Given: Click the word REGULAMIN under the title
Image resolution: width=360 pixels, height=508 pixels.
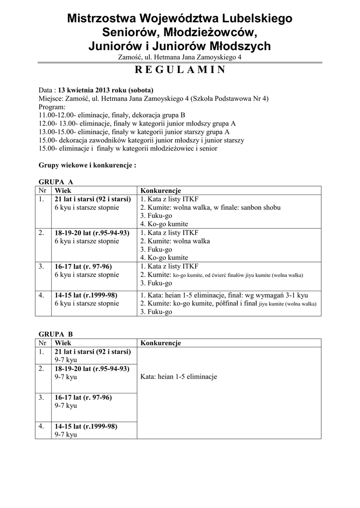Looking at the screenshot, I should click(x=180, y=69).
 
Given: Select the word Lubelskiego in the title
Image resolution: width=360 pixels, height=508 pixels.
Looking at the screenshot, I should click(x=254, y=19).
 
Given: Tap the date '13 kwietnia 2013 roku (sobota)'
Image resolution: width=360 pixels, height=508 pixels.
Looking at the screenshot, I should click(x=106, y=91).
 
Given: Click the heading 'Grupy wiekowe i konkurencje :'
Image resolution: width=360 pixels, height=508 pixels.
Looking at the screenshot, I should click(x=87, y=165).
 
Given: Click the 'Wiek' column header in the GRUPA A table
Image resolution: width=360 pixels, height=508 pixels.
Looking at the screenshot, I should click(x=63, y=191).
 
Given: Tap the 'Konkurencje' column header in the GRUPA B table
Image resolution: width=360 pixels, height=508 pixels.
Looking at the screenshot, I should click(x=160, y=343).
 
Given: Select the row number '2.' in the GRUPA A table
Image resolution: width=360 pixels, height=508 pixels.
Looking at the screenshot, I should click(x=41, y=233).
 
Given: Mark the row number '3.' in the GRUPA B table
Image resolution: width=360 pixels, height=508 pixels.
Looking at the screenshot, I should click(x=41, y=397).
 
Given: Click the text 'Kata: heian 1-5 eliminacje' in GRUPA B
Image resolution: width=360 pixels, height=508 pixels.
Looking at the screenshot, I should click(x=179, y=377).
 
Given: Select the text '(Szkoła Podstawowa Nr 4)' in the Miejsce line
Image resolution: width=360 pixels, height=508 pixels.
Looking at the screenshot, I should click(x=230, y=99).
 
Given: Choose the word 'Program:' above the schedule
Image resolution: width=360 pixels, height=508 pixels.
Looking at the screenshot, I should click(x=52, y=107).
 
